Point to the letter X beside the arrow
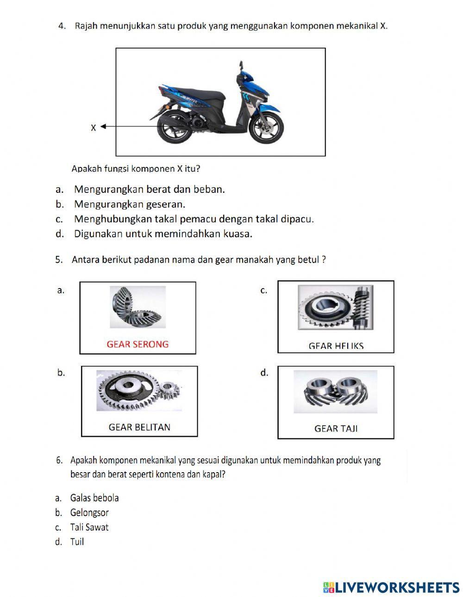point(93,128)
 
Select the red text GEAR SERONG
point(138,344)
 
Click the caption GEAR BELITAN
point(139,427)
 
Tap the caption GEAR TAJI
point(336,429)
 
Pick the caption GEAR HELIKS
point(336,346)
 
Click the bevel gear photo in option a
point(138,307)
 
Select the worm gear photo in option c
point(335,308)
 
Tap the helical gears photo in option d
point(335,391)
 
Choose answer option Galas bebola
point(94,498)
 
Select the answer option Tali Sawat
point(89,527)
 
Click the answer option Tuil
point(77,542)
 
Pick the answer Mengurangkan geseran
point(130,204)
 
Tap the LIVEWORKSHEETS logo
point(391,587)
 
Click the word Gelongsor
point(89,512)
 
